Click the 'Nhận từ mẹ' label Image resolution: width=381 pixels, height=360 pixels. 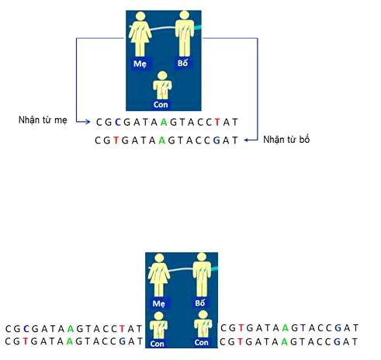coord(43,120)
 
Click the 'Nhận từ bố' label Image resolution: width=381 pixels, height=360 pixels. coord(286,140)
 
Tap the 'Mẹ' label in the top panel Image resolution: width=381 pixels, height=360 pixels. coord(140,64)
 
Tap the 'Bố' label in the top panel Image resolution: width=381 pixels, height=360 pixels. coord(182,63)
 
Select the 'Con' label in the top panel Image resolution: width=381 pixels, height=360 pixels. coord(161,105)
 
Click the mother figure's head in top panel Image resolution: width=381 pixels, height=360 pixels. coord(140,16)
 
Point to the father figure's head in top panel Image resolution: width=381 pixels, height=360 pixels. coord(184,15)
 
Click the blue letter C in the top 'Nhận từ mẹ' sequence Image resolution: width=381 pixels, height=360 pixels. coord(118,122)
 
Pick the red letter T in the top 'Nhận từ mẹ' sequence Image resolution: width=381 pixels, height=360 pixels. coord(217,122)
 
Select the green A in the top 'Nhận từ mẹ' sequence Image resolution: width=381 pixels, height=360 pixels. coord(164,122)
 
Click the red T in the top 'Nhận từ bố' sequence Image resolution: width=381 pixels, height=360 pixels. coord(116,140)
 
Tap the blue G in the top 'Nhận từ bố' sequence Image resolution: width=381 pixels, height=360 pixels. coord(216,140)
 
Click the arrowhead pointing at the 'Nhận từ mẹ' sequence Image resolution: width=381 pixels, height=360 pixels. coord(88,122)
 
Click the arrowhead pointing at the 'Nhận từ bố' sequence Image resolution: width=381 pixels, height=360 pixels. coord(247,140)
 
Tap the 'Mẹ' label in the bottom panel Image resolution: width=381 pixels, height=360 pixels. coord(158,303)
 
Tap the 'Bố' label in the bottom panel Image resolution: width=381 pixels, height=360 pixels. coord(200,303)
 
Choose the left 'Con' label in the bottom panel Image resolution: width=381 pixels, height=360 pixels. coord(157,344)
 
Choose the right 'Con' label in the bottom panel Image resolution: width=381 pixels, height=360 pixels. coord(202,342)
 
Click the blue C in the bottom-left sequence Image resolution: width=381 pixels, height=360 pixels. coord(26,329)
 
